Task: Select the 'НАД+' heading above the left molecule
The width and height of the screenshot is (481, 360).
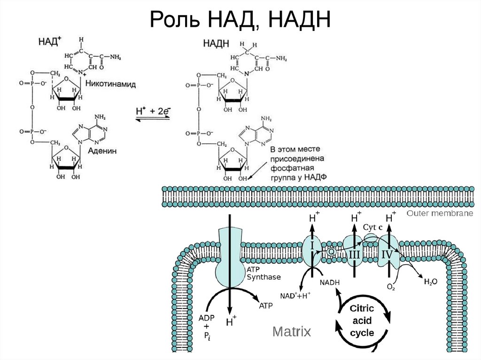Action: point(49,42)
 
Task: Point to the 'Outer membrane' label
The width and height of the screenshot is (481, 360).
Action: point(440,213)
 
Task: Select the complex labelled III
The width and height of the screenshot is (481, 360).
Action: point(354,254)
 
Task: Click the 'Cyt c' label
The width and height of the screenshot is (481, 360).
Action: point(373,227)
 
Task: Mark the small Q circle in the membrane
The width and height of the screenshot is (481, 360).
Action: point(331,252)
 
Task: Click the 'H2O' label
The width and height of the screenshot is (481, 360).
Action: point(430,282)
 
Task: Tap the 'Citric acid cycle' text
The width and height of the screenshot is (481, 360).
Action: point(362,321)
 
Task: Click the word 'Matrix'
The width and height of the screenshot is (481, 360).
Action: point(292,332)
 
